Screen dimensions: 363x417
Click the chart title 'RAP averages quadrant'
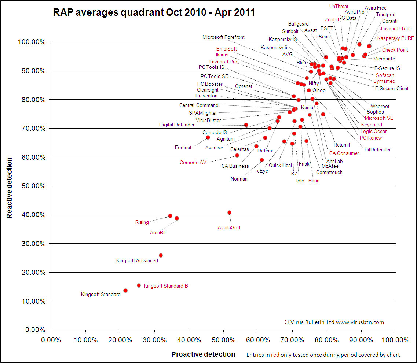click(154, 12)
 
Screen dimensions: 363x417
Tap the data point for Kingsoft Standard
click(125, 290)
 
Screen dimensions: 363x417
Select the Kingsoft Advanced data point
click(161, 255)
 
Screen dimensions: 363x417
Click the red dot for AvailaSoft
click(230, 212)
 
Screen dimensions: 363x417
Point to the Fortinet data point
click(208, 137)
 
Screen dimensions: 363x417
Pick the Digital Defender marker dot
click(246, 125)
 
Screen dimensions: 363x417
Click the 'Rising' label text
click(142, 222)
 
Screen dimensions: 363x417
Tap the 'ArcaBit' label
click(158, 233)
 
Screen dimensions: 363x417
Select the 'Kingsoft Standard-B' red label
click(166, 286)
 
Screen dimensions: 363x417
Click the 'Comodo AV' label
click(193, 162)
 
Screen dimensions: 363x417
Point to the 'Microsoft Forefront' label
click(223, 37)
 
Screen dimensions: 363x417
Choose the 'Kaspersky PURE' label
click(396, 38)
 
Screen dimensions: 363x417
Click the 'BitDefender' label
click(377, 149)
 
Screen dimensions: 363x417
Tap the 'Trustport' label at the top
click(386, 15)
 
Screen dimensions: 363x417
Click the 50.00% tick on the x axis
click(223, 340)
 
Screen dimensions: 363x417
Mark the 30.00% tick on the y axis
click(32, 244)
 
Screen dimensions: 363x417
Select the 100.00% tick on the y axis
click(32, 42)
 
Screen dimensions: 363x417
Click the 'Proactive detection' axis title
click(203, 354)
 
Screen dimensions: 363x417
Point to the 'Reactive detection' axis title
click(10, 188)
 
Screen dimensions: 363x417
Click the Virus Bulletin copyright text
click(334, 322)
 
